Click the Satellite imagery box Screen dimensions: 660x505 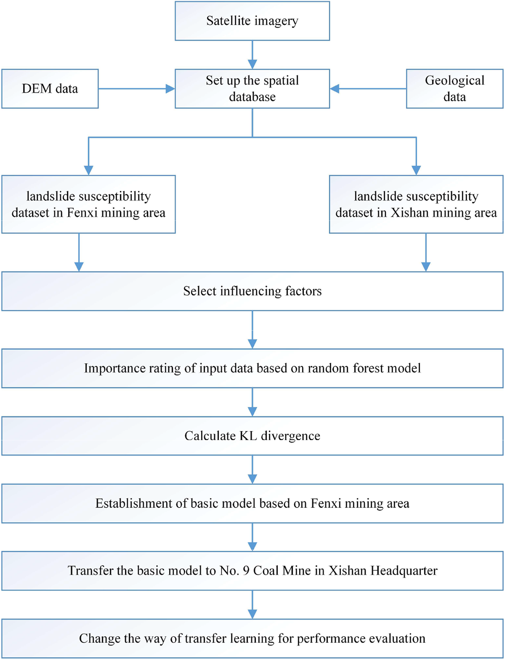tap(252, 21)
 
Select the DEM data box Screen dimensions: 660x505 tap(50, 89)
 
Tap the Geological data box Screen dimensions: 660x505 tap(454, 89)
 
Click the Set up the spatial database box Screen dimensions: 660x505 tap(252, 89)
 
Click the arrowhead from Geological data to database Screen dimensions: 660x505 tap(335, 89)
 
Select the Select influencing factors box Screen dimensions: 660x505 tap(252, 291)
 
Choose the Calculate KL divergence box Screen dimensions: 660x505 tap(252, 436)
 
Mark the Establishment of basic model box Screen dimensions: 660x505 tap(252, 503)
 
